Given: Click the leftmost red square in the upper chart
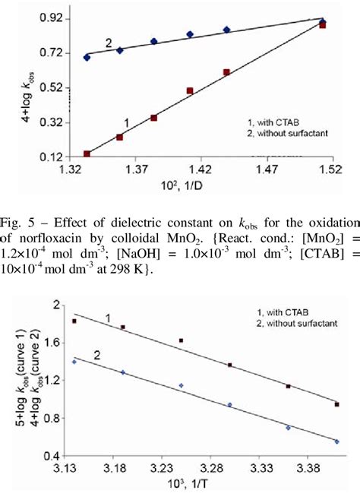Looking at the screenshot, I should [x=87, y=154].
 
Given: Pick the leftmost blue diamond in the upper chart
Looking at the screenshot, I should [x=87, y=57].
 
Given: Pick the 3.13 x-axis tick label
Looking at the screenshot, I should [x=74, y=470].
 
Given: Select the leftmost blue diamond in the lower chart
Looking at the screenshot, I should [x=74, y=362].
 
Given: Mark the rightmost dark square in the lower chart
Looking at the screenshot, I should [x=336, y=404].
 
